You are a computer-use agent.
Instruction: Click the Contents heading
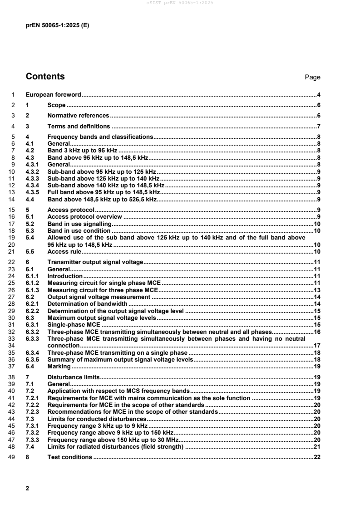click(45, 77)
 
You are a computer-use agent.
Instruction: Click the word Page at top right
click(312, 78)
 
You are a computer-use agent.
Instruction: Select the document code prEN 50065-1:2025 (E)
click(57, 25)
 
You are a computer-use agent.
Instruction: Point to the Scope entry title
click(56, 105)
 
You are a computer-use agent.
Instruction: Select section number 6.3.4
click(32, 352)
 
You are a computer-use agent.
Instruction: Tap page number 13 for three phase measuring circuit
click(318, 290)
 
